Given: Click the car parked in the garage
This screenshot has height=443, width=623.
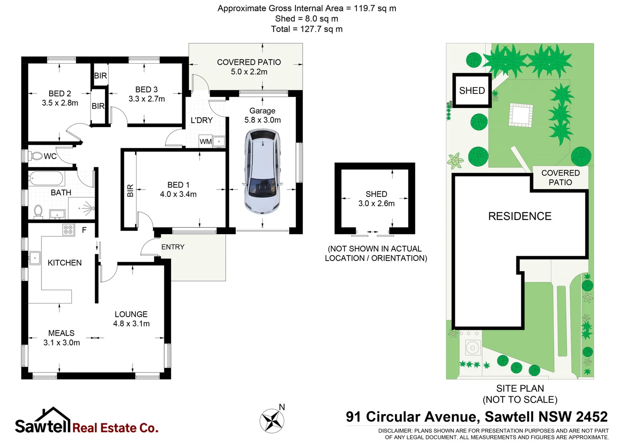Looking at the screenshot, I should (x=262, y=171).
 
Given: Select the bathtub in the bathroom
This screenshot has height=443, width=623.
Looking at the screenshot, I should (x=46, y=179).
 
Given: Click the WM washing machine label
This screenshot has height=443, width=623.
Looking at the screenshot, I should (x=205, y=142).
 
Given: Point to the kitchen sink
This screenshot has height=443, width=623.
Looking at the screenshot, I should (x=34, y=258).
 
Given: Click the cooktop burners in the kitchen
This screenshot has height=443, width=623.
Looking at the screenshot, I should (x=68, y=230).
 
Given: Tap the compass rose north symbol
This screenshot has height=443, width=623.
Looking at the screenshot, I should (x=272, y=421).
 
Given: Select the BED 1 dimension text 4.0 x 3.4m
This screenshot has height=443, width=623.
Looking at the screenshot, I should (x=178, y=194).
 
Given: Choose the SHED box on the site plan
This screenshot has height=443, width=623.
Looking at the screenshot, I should (x=472, y=91).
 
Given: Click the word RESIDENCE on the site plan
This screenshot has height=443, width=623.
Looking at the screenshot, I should (x=520, y=216).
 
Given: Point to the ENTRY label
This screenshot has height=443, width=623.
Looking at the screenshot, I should (x=173, y=247).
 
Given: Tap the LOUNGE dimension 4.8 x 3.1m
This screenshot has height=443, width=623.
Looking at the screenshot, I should (x=131, y=324).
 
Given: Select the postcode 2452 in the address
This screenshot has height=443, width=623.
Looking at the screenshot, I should (x=592, y=417).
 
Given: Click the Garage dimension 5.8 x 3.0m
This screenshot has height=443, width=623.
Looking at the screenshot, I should (x=262, y=120).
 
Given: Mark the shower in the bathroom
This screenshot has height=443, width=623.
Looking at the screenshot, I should (x=85, y=209).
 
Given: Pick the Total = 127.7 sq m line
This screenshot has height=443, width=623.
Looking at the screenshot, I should (x=306, y=29).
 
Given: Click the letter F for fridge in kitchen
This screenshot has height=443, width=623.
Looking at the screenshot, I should (x=84, y=230).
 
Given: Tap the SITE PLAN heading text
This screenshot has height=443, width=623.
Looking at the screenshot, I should (x=520, y=388).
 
